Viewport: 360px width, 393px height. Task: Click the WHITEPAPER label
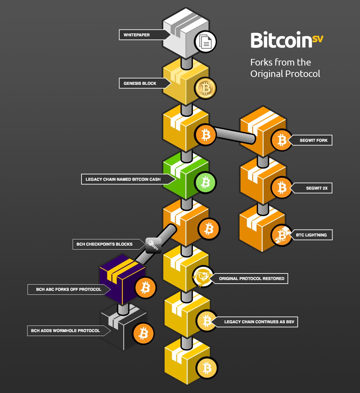[x=137, y=35]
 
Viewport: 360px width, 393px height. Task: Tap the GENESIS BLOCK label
[x=140, y=84]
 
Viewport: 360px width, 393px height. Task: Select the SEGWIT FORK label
[x=314, y=140]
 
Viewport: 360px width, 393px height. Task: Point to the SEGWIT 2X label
[x=316, y=188]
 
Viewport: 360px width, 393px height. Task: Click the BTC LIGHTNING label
[x=311, y=235]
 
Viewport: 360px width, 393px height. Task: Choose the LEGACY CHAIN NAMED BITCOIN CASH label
[x=123, y=179]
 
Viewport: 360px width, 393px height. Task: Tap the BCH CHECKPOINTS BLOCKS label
[x=104, y=244]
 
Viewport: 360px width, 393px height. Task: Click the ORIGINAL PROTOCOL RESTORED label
[x=252, y=279]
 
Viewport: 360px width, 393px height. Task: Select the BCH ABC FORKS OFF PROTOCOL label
[x=69, y=290]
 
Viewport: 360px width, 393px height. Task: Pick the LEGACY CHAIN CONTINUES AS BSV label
[x=259, y=322]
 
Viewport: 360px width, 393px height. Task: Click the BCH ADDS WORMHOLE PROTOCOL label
[x=65, y=331]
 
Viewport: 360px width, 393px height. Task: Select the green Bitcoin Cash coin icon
[x=205, y=182]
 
